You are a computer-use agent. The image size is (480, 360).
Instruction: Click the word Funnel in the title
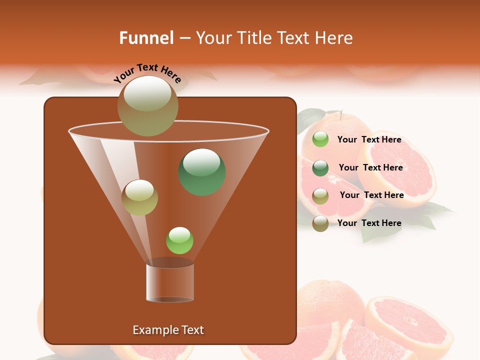[x=146, y=38]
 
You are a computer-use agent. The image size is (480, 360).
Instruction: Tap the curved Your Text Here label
[x=147, y=73]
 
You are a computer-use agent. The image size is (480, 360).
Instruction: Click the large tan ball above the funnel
[x=147, y=105]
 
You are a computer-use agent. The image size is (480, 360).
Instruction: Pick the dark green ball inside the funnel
[x=202, y=172]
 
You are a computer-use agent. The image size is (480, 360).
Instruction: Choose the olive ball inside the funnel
[x=139, y=197]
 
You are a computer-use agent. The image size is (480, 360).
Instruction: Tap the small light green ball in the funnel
[x=179, y=240]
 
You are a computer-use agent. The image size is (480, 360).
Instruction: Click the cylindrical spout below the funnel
[x=170, y=283]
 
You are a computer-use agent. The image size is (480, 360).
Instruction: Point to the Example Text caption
[x=168, y=330]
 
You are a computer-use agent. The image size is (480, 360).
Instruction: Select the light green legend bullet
[x=320, y=139]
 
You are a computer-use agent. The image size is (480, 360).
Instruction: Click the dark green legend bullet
[x=320, y=168]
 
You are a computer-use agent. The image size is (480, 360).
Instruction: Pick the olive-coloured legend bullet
[x=320, y=196]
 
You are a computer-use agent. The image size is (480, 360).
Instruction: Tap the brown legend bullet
[x=320, y=223]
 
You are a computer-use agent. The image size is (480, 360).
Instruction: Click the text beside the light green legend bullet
[x=369, y=140]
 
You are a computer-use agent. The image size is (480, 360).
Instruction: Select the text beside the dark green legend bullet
[x=370, y=167]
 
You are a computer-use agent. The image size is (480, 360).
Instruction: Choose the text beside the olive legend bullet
[x=371, y=195]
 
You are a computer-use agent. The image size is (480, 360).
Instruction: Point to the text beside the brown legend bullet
[x=369, y=223]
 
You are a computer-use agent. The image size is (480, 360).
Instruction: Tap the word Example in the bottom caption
[x=150, y=330]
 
